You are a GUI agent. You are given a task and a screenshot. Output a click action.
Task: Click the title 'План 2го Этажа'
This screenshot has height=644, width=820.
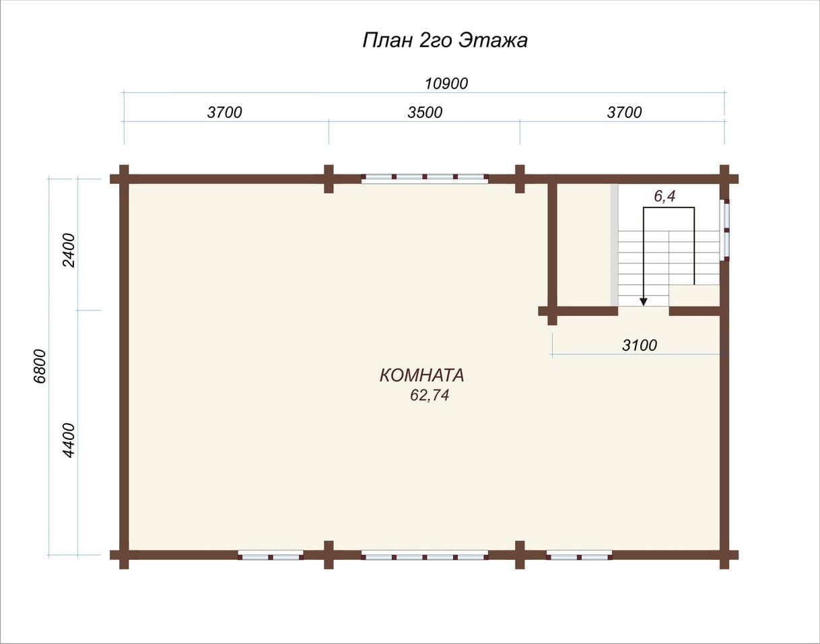pyautogui.click(x=445, y=40)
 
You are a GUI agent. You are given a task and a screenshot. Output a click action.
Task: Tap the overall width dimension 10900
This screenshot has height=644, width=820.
pyautogui.click(x=446, y=84)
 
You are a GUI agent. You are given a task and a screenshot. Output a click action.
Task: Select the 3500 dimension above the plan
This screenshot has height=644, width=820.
pyautogui.click(x=425, y=112)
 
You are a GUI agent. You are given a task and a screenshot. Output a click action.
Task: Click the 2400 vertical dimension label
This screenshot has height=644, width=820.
pyautogui.click(x=69, y=250)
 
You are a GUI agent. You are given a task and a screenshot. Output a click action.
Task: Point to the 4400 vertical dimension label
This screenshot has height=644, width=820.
pyautogui.click(x=69, y=440)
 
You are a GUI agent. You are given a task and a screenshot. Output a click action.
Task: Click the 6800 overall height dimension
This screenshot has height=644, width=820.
pyautogui.click(x=40, y=366)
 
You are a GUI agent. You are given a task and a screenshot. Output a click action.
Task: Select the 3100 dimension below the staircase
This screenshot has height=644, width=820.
pyautogui.click(x=640, y=345)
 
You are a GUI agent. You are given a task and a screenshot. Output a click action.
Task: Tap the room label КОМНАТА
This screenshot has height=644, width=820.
pyautogui.click(x=421, y=376)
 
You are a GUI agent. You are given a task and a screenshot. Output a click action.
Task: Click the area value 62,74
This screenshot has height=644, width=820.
pyautogui.click(x=430, y=395)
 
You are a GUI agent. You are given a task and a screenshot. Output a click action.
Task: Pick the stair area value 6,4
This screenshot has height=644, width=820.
pyautogui.click(x=664, y=196)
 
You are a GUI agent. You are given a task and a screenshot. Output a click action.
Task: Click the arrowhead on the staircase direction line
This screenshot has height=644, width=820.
pyautogui.click(x=644, y=302)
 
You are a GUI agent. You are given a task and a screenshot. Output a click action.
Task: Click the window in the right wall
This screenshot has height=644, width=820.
pyautogui.click(x=724, y=230)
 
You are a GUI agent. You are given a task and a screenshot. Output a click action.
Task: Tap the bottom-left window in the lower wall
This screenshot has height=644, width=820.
pyautogui.click(x=271, y=555)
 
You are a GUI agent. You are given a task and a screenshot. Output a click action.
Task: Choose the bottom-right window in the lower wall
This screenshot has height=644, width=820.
pyautogui.click(x=579, y=555)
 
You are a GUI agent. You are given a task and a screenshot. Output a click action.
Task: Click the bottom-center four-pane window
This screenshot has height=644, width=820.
pyautogui.click(x=425, y=555)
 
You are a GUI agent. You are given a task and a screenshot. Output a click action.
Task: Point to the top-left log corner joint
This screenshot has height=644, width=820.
pyautogui.click(x=124, y=179)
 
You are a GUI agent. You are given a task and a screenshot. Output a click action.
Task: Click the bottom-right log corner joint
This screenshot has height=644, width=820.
pyautogui.click(x=724, y=555)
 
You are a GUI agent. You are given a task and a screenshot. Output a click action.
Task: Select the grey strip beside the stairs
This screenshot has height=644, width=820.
pyautogui.click(x=615, y=245)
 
